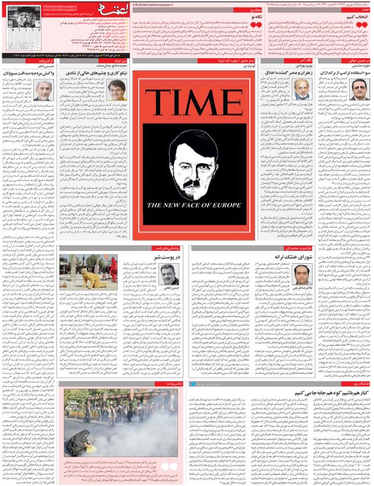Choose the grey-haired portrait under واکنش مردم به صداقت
pyautogui.click(x=42, y=90)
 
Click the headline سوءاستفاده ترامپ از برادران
pyautogui.click(x=346, y=73)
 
